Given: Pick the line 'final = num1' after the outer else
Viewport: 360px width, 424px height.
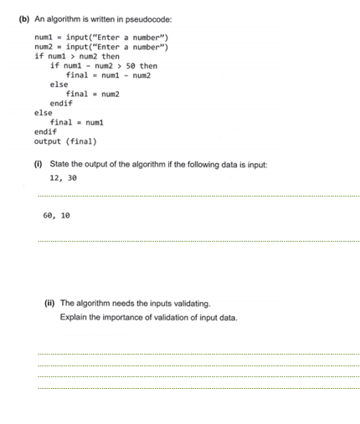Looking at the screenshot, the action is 73,122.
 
